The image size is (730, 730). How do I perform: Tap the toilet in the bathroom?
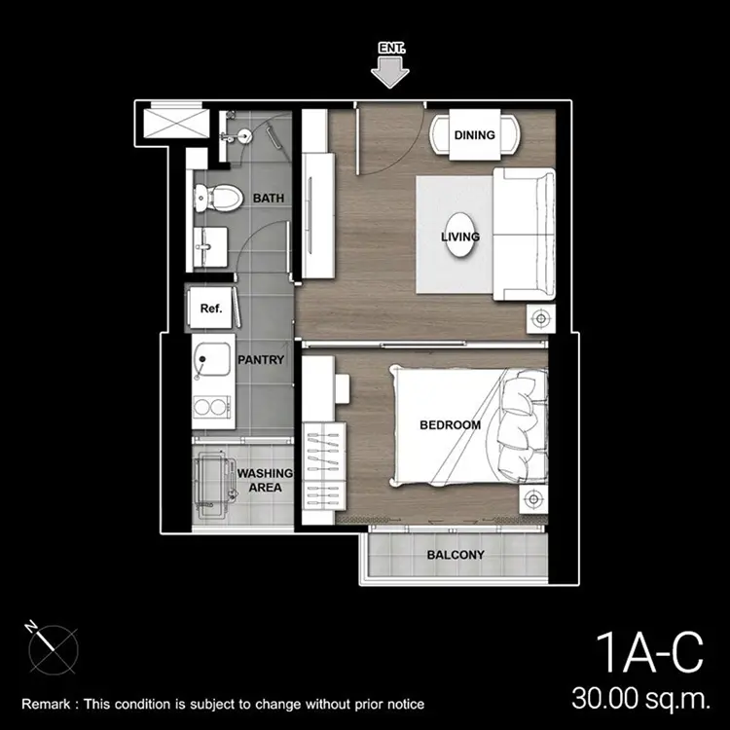218,198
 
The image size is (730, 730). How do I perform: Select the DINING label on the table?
474,135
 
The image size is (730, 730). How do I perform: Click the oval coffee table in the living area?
460,236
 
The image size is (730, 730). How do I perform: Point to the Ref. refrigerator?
210,309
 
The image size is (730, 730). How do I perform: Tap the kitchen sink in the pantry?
212,360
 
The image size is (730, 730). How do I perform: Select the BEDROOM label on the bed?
450,424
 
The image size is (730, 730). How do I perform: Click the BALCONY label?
456,555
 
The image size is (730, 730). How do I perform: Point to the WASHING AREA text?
265,480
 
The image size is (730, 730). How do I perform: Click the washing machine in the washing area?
214,487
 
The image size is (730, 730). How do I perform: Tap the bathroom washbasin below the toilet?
210,247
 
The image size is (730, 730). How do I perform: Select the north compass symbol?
53,648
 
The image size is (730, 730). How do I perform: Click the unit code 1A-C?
649,652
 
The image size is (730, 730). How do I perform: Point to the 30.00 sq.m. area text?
641,698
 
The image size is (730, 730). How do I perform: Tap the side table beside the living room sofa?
540,319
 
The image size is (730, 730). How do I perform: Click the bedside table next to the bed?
533,499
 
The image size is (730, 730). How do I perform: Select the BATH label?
269,198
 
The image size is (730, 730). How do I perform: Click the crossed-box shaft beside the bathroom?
176,124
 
